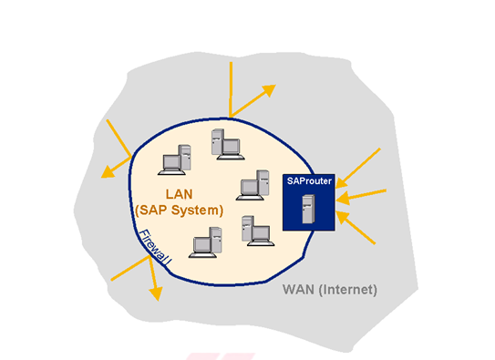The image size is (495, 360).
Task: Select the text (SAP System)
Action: point(179,210)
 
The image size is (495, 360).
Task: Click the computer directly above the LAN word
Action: point(175,159)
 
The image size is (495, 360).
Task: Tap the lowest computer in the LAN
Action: point(207,243)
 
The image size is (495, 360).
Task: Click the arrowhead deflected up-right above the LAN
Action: point(268,88)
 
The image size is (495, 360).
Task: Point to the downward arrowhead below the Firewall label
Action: point(156,293)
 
